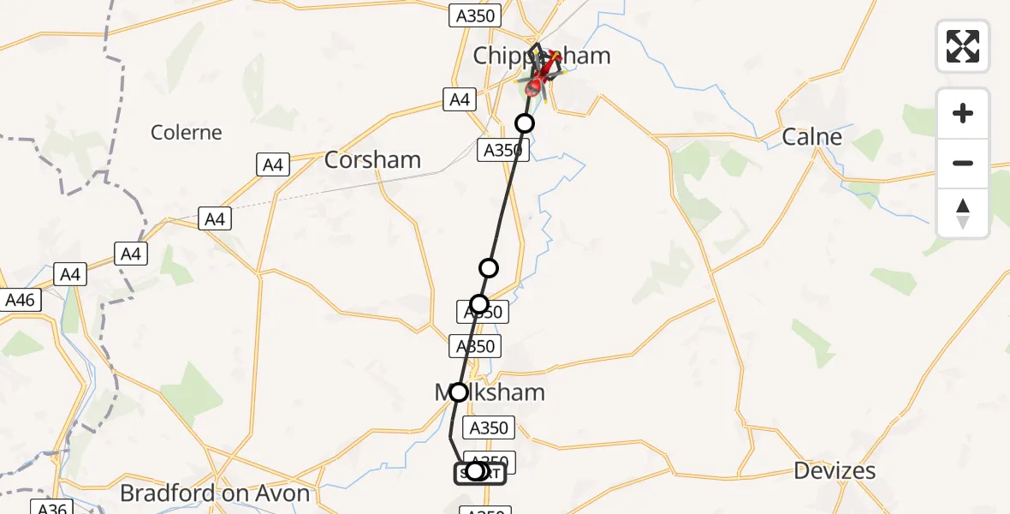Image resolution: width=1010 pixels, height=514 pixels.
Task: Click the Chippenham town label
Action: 542,57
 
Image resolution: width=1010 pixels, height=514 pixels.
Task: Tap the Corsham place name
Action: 372,160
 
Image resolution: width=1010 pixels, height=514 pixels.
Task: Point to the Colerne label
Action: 186,133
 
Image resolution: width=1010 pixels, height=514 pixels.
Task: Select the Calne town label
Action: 811,137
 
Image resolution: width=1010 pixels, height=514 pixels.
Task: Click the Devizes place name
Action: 834,470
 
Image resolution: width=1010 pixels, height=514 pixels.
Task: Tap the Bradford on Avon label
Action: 215,493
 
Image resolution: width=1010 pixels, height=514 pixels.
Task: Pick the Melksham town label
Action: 490,392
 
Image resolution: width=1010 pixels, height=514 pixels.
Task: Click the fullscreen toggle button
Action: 963,46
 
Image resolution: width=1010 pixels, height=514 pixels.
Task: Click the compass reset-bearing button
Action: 963,213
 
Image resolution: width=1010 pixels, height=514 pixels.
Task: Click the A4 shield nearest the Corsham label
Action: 273,164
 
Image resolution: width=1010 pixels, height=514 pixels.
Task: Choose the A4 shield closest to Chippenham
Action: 460,99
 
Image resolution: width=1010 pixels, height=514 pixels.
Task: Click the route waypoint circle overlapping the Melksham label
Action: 459,392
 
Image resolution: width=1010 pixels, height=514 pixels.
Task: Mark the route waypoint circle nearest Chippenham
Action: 525,123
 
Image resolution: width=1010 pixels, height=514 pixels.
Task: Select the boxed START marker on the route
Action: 479,472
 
